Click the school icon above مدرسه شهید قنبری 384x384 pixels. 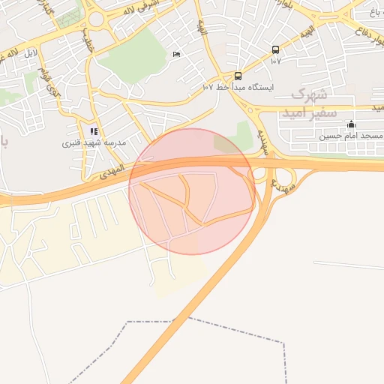(x=94, y=131)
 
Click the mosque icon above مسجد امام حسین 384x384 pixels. (x=352, y=124)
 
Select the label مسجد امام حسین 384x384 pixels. (x=351, y=136)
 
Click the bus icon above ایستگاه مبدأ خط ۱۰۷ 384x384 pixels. (x=238, y=76)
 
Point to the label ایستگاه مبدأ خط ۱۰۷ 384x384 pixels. (x=238, y=87)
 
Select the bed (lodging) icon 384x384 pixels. (x=176, y=55)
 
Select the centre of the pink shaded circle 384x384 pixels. (x=192, y=191)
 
